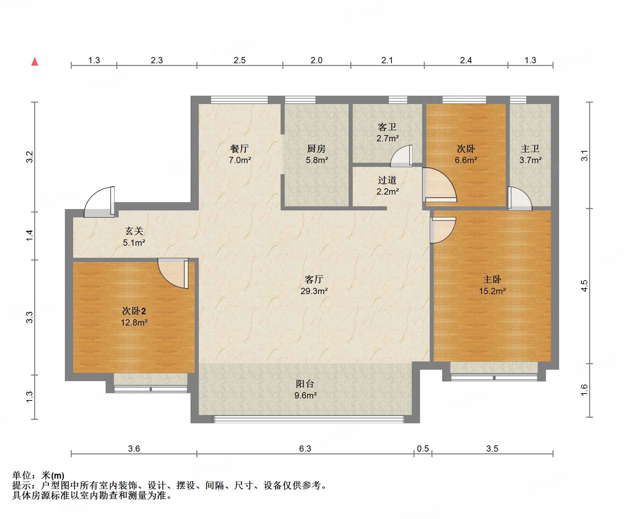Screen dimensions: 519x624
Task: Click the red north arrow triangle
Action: click(35, 62)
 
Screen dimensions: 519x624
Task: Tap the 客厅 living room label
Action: click(314, 279)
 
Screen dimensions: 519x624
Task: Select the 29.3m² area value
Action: click(314, 291)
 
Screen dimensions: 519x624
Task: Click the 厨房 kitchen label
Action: click(316, 149)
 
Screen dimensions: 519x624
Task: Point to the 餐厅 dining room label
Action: click(239, 149)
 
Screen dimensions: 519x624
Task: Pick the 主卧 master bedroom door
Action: click(443, 230)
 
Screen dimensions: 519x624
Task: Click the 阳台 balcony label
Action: click(305, 384)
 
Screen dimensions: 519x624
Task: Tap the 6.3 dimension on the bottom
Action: click(305, 449)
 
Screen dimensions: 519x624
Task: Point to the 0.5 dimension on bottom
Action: click(422, 449)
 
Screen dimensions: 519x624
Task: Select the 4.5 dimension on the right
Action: click(584, 286)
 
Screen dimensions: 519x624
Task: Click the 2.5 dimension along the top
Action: click(239, 60)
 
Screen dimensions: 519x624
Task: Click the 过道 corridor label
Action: click(387, 180)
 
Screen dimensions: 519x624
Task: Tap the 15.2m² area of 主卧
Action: click(492, 291)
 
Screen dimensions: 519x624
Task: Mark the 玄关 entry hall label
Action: click(134, 231)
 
